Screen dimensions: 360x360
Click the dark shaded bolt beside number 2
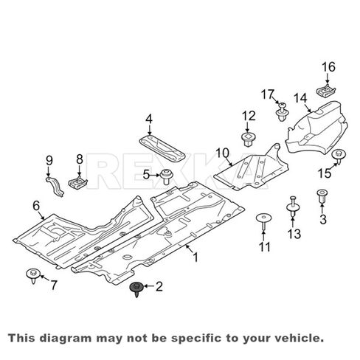pos(136,288)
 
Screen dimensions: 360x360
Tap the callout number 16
pos(328,67)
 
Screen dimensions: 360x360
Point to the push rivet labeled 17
pos(282,112)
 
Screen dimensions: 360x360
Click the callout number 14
pos(300,98)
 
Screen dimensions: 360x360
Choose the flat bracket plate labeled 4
pos(162,149)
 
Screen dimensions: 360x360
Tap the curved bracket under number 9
pos(55,186)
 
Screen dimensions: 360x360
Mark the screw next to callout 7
pos(33,276)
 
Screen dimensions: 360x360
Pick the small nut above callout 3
pos(322,195)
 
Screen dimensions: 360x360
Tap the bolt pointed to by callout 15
pos(339,156)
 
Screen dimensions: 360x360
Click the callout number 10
pos(223,153)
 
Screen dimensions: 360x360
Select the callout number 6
pos(36,206)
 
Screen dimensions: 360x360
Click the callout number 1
pos(195,257)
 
